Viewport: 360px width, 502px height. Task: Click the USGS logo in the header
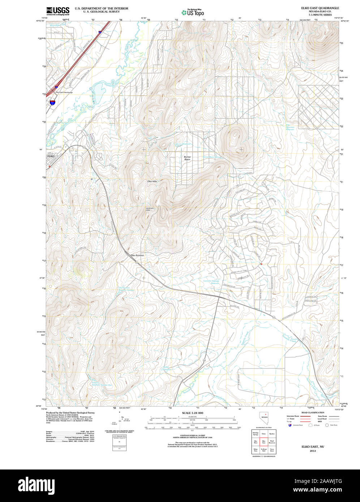point(57,11)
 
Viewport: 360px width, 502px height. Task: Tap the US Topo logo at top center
point(193,13)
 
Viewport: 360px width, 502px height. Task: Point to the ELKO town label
point(51,156)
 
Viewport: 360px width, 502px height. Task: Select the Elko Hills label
point(152,181)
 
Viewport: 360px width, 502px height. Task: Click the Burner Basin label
point(187,158)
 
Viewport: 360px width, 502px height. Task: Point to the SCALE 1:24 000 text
point(192,413)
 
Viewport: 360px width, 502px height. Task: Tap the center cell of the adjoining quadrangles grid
point(264,442)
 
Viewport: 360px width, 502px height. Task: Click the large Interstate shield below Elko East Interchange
point(53,103)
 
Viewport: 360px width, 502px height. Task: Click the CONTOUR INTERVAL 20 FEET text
point(192,436)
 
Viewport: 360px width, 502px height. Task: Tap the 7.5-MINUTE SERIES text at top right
point(317,15)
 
